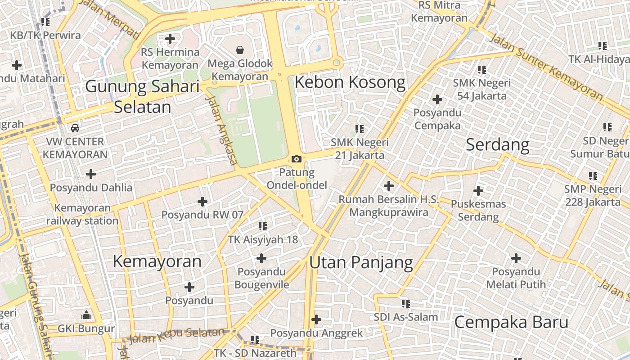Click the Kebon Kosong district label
[x=350, y=82]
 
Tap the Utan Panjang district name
[x=361, y=262]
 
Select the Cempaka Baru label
[x=511, y=322]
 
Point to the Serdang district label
[x=497, y=144]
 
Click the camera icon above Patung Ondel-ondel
[x=297, y=159]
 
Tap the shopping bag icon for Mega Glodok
[x=240, y=49]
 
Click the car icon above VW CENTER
[x=75, y=128]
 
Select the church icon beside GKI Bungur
[x=86, y=315]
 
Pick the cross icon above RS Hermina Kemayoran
[x=170, y=39]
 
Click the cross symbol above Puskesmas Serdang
[x=478, y=191]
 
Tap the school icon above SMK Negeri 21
[x=360, y=129]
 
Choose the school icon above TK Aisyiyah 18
[x=263, y=226]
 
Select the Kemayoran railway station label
[x=82, y=214]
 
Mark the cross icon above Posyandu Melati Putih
[x=516, y=258]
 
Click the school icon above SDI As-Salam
[x=406, y=304]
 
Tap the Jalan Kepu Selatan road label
[x=176, y=336]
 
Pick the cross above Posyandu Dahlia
[x=91, y=174]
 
